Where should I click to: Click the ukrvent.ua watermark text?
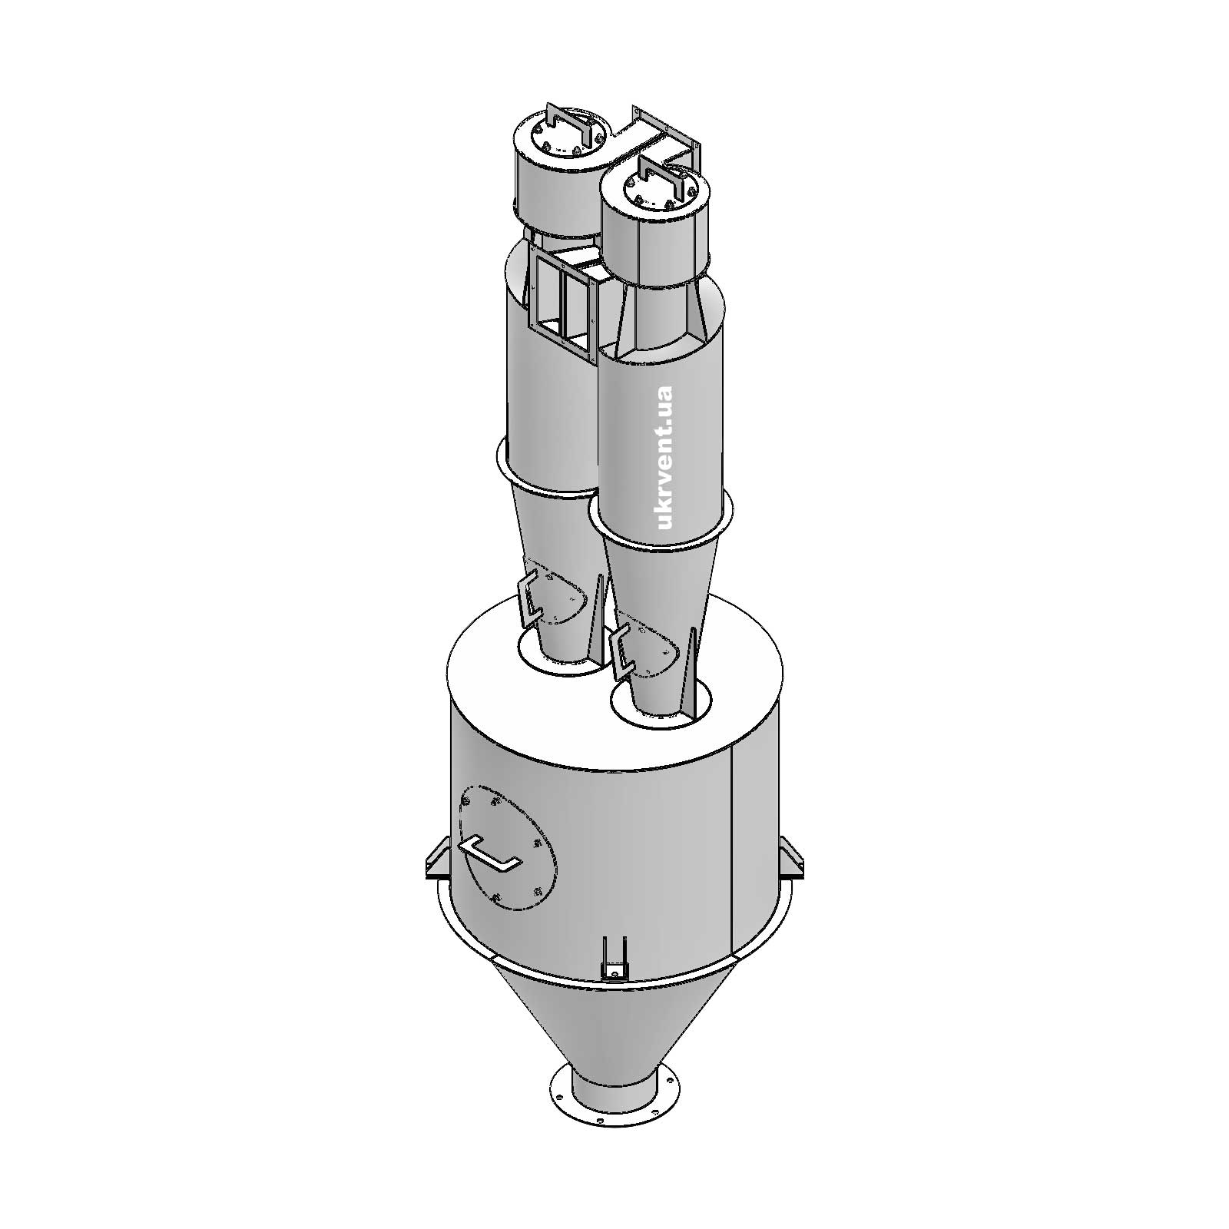pos(665,458)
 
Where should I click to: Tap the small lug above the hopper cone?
pos(615,959)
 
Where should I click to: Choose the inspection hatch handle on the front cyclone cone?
pos(619,649)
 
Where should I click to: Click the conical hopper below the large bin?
pos(614,1022)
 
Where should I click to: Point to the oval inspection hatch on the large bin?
pos(507,845)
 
